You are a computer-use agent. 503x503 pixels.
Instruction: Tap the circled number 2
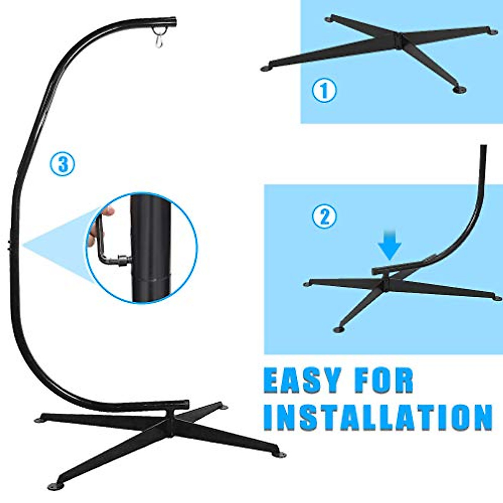tap(324, 217)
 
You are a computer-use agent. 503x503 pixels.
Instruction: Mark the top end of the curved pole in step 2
tap(483, 147)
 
